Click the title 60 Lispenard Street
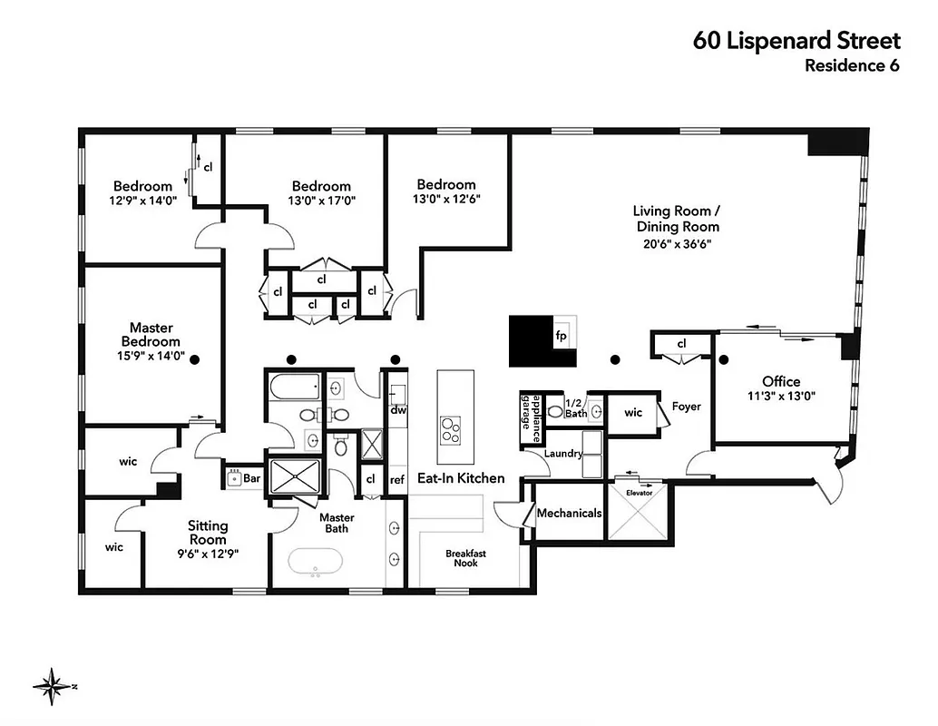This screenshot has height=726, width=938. coord(796,40)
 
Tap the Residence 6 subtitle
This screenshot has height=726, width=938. coord(852,65)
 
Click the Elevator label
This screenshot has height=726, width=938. coord(639,494)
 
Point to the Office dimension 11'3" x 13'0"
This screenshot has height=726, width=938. coord(781,396)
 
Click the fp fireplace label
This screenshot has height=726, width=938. coord(561,333)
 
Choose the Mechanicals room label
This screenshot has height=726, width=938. coord(569,513)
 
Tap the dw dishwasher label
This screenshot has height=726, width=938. coord(397,409)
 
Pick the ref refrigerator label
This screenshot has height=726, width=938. coord(397,480)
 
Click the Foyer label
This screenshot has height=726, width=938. coord(686,407)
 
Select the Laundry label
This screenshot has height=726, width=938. coord(563,453)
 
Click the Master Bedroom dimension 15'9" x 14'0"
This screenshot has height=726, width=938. coord(151,357)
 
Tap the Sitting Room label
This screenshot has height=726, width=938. coord(208,532)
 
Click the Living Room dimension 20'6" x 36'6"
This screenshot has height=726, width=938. coord(677,243)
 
